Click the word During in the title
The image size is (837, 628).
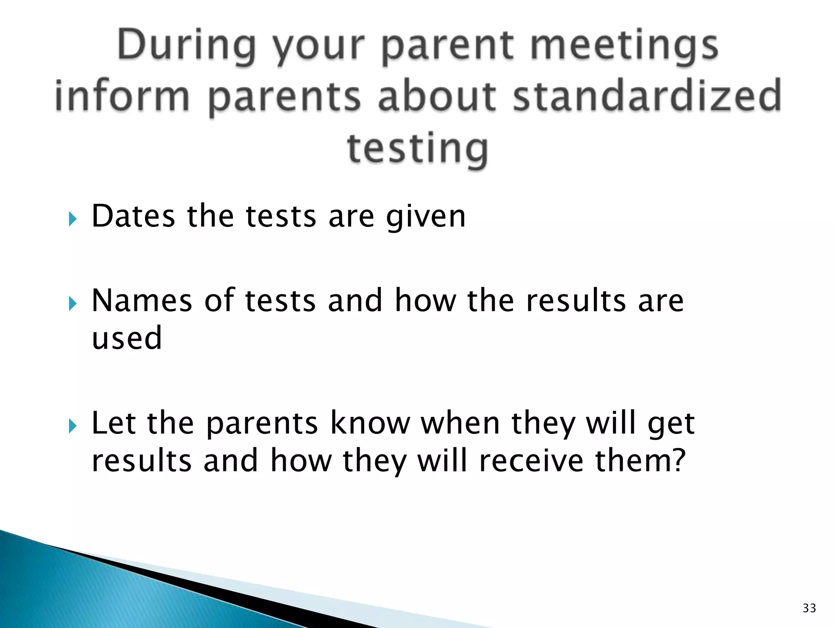(186, 46)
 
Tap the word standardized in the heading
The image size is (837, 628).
(647, 96)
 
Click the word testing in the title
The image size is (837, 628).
(418, 149)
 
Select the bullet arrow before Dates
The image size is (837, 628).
(73, 219)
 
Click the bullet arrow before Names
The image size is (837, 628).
(73, 304)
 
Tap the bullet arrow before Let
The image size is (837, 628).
(73, 426)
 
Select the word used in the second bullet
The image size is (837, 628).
(127, 338)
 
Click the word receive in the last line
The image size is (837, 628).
(531, 461)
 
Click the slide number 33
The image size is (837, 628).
(809, 608)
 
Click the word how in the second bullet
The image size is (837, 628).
(425, 301)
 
